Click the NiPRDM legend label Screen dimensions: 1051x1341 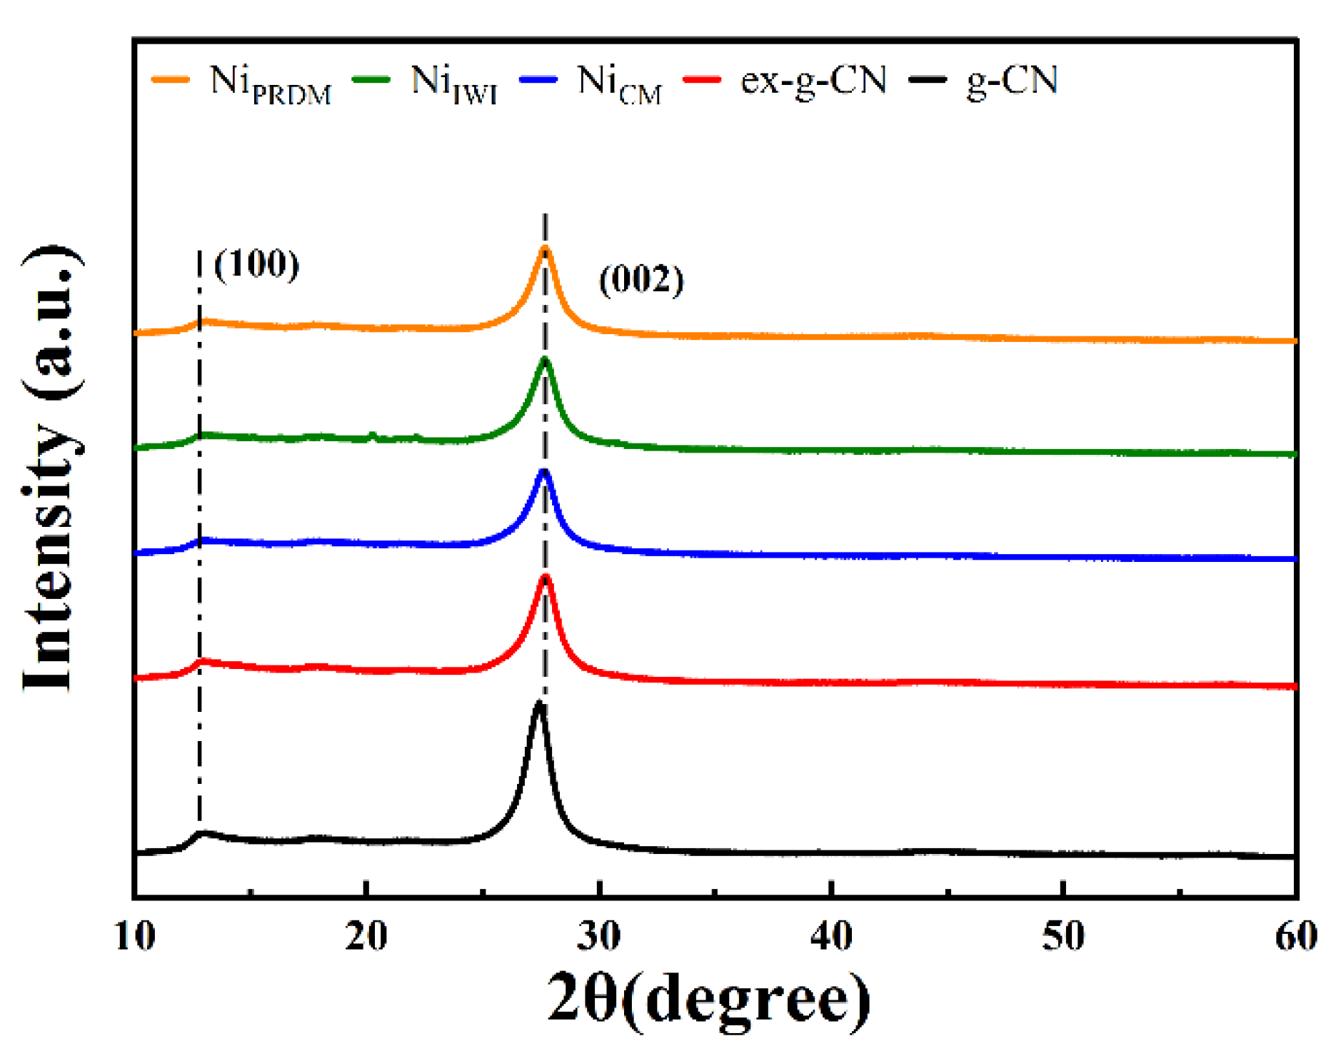coord(271,83)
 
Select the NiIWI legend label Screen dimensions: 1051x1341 coord(454,83)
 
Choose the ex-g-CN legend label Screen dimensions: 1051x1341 coord(813,80)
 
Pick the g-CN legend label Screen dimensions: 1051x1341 coord(1012,80)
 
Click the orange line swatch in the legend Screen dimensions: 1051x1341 coord(171,79)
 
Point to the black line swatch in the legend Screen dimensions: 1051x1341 coord(928,79)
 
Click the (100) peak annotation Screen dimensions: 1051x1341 coord(256,264)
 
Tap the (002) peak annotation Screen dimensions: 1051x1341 coord(641,279)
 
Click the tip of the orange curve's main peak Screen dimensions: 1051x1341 coord(545,248)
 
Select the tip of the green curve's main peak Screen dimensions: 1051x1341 coord(545,359)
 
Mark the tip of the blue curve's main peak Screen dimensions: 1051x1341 coord(545,471)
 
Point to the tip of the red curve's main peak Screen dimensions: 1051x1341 coord(546,577)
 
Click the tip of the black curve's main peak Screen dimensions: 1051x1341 coord(538,704)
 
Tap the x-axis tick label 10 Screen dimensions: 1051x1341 coord(135,935)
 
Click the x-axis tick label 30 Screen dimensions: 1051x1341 coord(598,935)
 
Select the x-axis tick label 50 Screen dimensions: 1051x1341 coord(1063,935)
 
